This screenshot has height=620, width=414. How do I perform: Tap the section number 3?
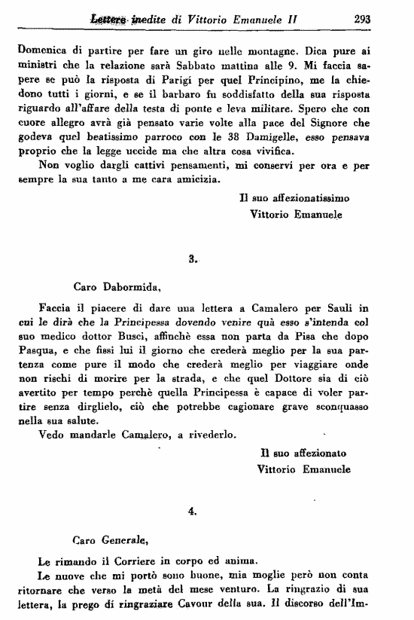tap(193, 258)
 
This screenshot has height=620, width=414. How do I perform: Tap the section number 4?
tap(193, 511)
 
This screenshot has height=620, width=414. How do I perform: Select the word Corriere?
tap(136, 560)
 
